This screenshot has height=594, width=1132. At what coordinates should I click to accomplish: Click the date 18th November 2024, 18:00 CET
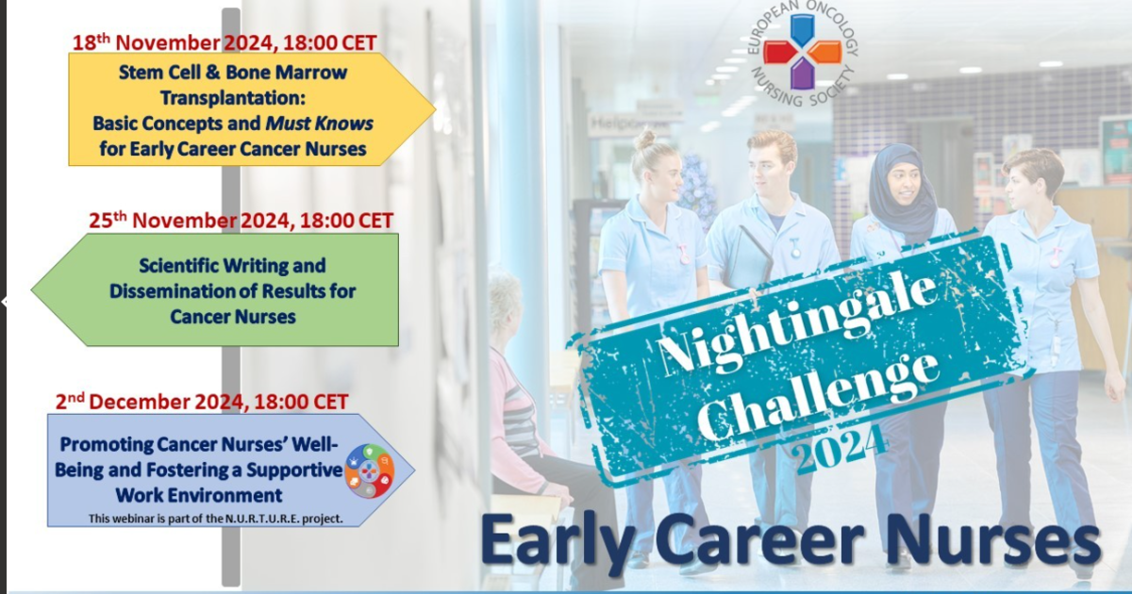225,42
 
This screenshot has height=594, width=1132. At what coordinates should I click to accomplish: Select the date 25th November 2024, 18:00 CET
241,221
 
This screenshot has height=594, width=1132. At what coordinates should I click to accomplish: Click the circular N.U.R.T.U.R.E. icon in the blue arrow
369,470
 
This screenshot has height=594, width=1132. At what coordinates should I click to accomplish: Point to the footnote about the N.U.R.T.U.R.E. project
215,519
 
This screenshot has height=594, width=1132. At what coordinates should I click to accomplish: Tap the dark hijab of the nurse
895,193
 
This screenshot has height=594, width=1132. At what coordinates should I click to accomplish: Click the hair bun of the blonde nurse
645,140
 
